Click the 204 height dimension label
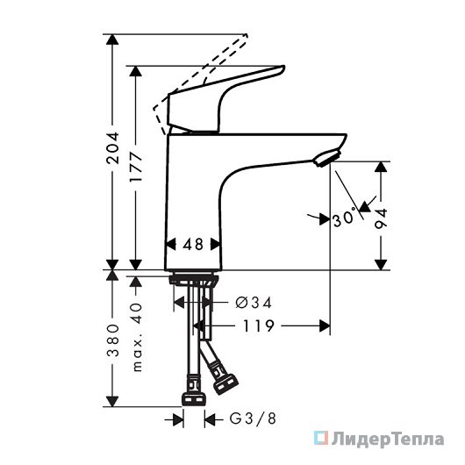point(112,147)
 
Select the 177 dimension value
point(136,168)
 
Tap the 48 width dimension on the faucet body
point(193,245)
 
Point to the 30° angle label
point(344,218)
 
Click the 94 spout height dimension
point(381,218)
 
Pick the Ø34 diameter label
point(254,303)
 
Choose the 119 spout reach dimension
point(258,325)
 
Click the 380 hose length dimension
point(112,340)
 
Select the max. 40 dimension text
point(136,337)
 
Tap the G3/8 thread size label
point(253,418)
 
